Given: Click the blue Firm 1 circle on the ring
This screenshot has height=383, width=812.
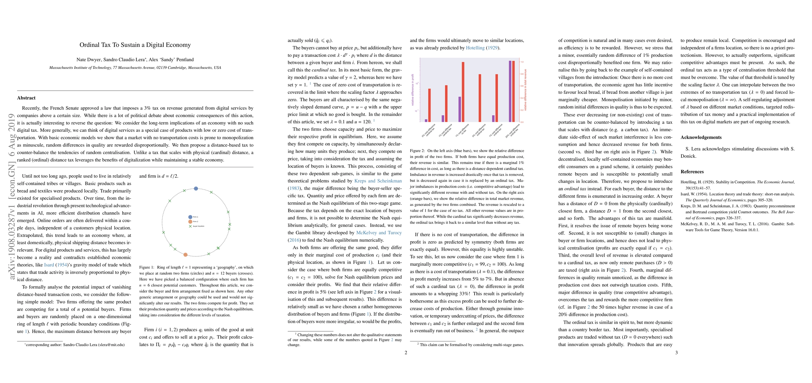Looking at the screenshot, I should click(196, 189).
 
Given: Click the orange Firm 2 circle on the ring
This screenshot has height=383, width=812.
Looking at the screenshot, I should click(185, 255).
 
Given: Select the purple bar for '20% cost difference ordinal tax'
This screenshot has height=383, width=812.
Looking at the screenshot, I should click(510, 91).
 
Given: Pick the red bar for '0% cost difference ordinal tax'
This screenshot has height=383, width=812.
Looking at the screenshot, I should click(480, 98).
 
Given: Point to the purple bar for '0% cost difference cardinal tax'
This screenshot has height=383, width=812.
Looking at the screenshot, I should click(426, 120).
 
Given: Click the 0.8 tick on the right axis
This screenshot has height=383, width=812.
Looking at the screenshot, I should click(522, 74).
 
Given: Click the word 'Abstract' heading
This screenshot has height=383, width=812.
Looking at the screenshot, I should click(26, 98).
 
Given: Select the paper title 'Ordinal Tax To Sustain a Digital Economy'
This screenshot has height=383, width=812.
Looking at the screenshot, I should click(135, 45).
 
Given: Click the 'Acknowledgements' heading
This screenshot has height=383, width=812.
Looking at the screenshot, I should click(701, 138).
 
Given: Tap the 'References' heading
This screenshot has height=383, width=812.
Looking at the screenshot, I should click(692, 172).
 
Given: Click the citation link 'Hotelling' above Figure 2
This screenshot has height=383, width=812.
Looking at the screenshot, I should click(475, 48).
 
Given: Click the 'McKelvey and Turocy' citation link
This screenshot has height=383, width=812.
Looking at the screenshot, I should click(379, 233).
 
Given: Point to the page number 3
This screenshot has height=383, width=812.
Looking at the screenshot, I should click(676, 353).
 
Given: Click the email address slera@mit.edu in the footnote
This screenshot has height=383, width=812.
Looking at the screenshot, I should click(111, 345).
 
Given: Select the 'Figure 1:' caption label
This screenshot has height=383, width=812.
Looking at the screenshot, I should click(147, 267).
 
